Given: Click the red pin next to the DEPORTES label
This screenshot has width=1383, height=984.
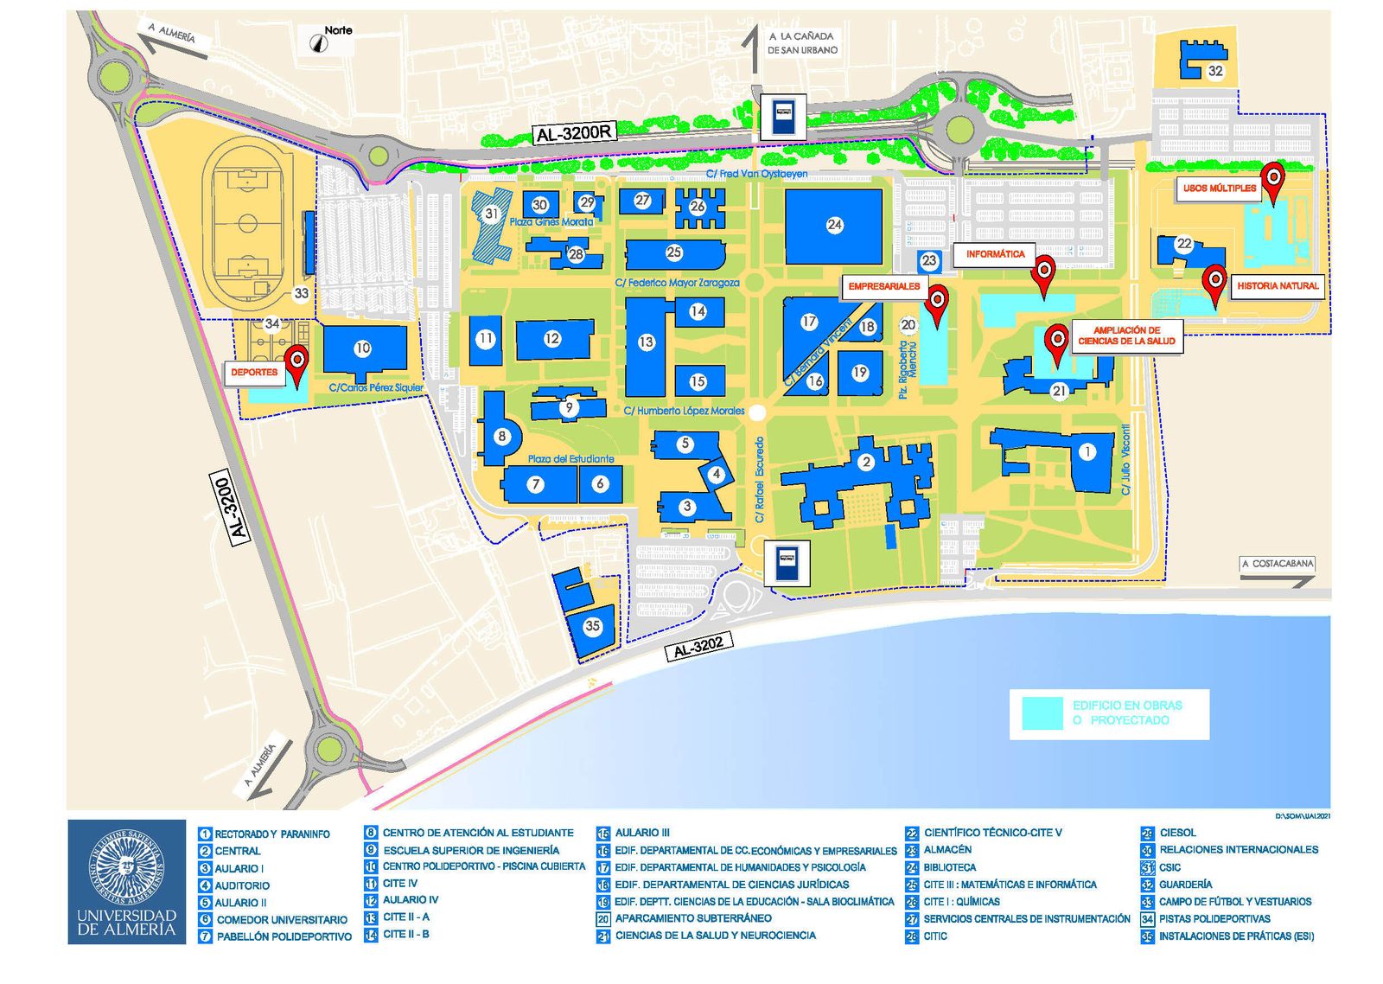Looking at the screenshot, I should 297,361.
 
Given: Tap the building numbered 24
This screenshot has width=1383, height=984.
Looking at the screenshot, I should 833,226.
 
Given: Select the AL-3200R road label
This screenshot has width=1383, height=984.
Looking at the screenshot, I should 575,133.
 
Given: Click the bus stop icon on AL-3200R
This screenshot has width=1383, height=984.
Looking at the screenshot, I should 783,117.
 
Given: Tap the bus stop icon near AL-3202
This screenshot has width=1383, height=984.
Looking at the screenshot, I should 787,563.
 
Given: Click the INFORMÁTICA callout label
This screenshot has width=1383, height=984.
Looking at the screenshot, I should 995,254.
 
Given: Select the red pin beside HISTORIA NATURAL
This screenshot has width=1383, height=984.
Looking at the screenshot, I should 1214,281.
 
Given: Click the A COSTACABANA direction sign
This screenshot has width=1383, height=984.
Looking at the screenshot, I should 1277,564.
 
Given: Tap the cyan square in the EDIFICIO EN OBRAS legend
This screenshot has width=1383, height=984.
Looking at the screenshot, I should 1042,713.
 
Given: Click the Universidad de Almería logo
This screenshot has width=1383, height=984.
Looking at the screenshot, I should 126,881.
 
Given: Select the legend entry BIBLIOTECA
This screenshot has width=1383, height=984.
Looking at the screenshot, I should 949,866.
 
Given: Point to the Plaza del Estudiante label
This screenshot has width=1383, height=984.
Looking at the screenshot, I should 570,459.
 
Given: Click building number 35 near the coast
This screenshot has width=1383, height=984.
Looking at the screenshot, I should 592,626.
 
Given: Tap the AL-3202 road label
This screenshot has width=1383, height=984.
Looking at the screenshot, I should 698,646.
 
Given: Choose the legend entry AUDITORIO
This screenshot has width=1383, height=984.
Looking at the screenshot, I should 242,885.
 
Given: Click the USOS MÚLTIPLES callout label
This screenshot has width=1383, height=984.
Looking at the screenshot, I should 1220,188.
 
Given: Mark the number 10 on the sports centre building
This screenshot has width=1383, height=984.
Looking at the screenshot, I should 362,348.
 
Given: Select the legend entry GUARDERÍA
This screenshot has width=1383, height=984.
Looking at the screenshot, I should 1185,884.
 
